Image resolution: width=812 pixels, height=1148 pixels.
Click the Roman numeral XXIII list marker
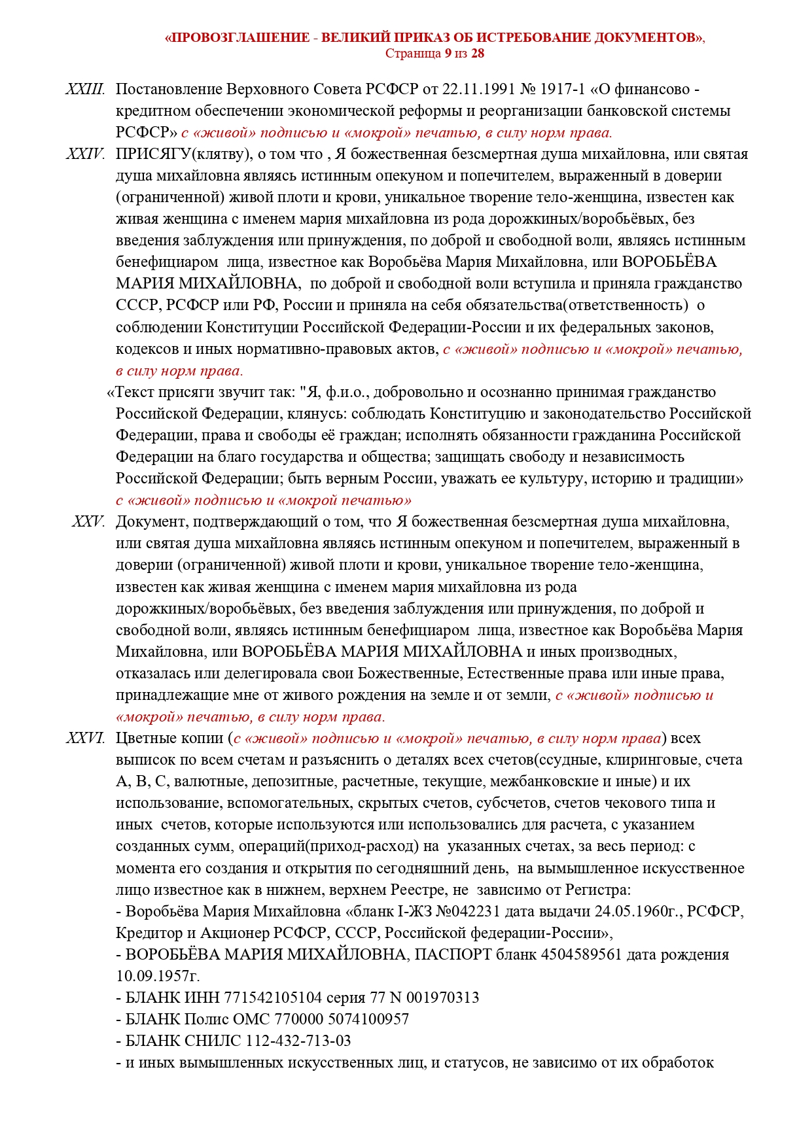click(85, 90)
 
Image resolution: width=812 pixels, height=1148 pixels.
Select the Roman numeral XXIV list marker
click(85, 154)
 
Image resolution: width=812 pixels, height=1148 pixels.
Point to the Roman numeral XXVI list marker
click(85, 738)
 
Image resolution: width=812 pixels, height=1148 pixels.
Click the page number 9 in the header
click(448, 54)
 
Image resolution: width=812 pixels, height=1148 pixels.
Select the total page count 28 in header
click(478, 54)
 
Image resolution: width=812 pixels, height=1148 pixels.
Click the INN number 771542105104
click(273, 998)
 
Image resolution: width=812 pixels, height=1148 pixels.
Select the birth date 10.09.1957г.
click(158, 976)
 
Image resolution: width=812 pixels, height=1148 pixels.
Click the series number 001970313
click(442, 998)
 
